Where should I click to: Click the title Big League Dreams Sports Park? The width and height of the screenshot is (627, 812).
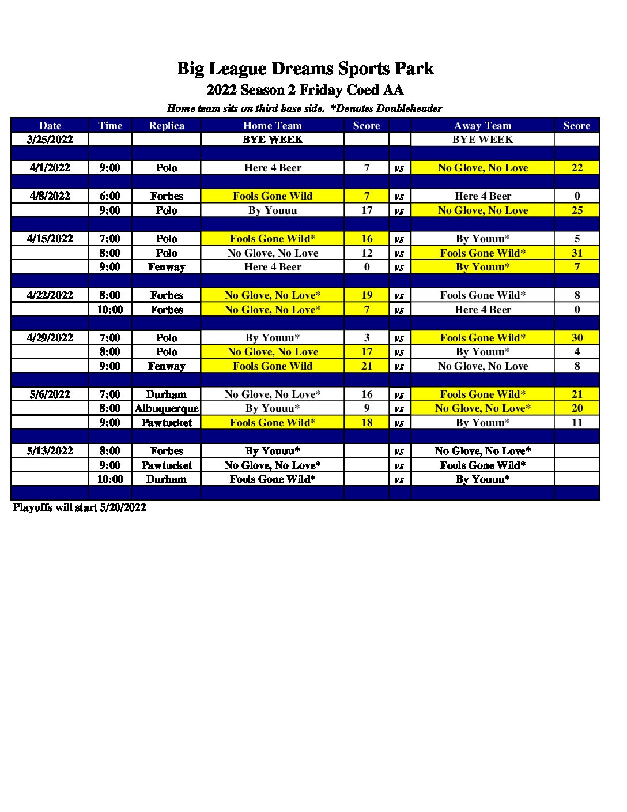(x=305, y=69)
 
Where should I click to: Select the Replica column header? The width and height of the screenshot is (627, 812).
(x=167, y=126)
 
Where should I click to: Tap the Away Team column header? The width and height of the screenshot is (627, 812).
(x=482, y=126)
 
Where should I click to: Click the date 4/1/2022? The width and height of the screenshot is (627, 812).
(x=50, y=168)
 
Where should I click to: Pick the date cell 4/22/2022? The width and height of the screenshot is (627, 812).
(x=50, y=295)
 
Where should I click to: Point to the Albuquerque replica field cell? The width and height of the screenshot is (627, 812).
(x=167, y=408)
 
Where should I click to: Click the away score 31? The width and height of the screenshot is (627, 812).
(x=577, y=253)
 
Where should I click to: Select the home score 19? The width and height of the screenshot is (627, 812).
(x=367, y=295)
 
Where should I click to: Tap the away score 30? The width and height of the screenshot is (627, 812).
(x=577, y=338)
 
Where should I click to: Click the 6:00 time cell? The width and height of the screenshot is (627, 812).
(x=109, y=196)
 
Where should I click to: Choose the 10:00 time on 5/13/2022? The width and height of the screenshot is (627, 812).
(x=109, y=479)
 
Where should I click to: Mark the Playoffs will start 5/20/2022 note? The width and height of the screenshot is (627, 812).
(x=80, y=507)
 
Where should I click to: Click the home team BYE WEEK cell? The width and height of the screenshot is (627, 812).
(x=273, y=140)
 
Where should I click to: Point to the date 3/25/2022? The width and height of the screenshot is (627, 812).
(x=50, y=140)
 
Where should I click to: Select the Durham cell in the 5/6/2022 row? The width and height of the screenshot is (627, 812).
(x=167, y=394)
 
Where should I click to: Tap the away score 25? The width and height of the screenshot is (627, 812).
(x=577, y=210)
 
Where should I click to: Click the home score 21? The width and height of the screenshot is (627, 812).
(x=367, y=366)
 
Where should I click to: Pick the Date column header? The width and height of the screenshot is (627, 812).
(x=50, y=126)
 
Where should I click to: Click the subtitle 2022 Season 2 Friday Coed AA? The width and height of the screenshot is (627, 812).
(x=305, y=90)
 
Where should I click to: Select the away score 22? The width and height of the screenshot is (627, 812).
(x=577, y=168)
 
